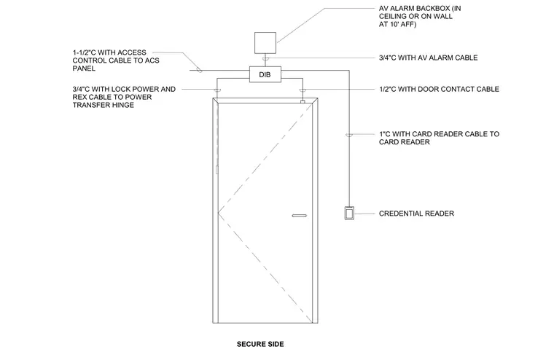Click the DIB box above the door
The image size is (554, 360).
265,74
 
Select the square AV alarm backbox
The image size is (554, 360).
265,43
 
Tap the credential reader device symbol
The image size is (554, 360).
349,213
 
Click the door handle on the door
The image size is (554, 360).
300,216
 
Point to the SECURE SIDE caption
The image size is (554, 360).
260,344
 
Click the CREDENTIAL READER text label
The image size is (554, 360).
416,214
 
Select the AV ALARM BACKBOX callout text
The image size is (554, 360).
420,16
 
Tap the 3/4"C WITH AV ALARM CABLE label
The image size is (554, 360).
428,58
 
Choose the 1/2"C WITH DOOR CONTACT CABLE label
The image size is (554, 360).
439,89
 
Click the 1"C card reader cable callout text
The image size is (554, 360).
439,138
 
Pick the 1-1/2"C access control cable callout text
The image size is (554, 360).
116,60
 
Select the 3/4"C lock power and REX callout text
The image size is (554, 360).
124,97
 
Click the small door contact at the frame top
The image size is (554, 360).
303,102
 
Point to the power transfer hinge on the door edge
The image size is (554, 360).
216,170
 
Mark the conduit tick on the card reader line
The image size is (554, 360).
349,136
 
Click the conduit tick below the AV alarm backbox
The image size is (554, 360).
265,59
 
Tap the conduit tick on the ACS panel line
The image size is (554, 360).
199,71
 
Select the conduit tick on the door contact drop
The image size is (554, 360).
303,91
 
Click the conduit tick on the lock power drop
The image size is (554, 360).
217,91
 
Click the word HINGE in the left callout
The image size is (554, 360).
121,105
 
